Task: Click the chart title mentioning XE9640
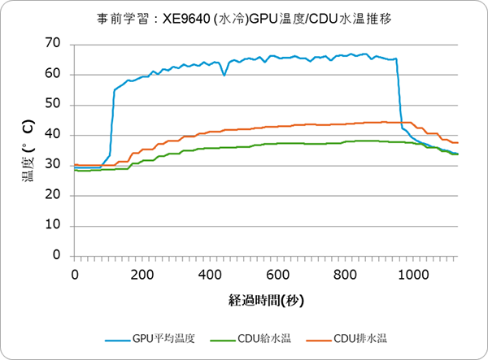pos(244,17)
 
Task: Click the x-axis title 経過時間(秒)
pos(266,301)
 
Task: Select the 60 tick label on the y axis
pos(54,74)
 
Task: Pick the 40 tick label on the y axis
pos(54,135)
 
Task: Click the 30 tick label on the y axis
pos(54,165)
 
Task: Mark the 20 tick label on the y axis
pos(54,196)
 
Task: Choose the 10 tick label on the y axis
pos(54,226)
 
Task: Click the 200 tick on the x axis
pos(142,274)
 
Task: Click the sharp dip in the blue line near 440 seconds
pos(224,75)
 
